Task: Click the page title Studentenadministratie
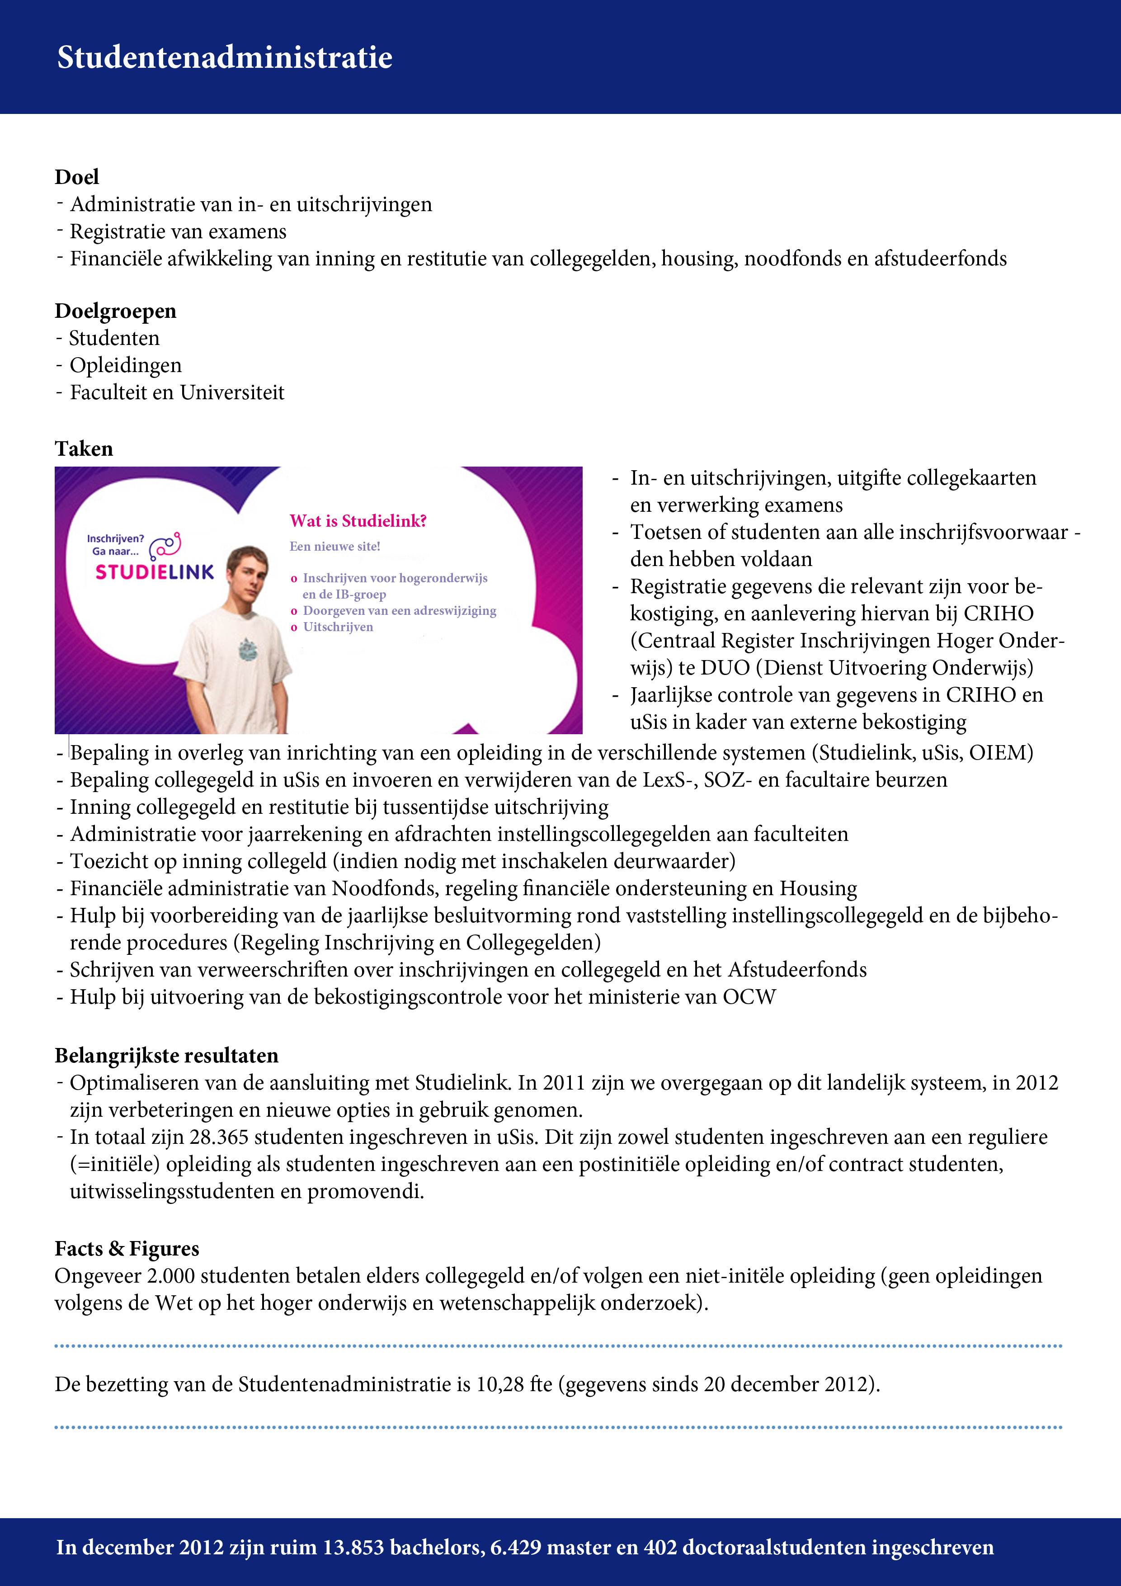click(x=225, y=57)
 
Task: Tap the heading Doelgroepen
click(x=115, y=311)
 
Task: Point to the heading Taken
click(x=84, y=449)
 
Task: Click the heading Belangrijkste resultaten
click(x=166, y=1056)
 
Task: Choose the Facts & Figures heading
click(x=127, y=1248)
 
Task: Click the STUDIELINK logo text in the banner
click(x=155, y=572)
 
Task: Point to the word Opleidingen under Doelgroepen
click(x=126, y=365)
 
